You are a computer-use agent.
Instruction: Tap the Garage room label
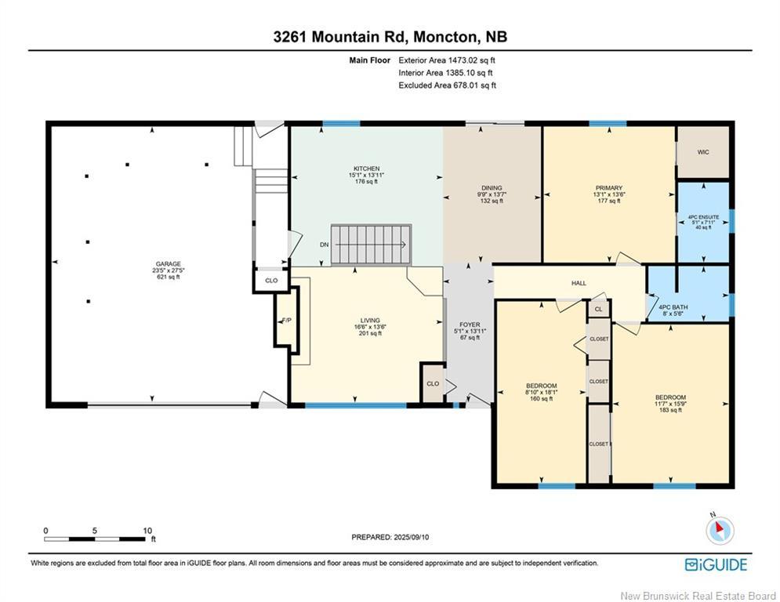point(168,270)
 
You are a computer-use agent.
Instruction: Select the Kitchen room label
point(367,175)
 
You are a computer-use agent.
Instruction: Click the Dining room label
point(492,194)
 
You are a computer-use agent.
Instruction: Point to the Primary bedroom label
point(609,194)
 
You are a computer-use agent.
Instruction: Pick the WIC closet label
point(703,152)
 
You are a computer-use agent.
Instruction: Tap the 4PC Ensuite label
point(703,222)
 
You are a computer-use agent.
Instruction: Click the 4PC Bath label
point(673,310)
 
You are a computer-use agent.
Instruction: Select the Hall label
point(579,283)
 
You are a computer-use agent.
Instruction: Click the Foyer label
point(470,331)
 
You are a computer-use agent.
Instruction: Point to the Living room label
point(370,327)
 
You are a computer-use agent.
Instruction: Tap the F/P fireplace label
point(287,321)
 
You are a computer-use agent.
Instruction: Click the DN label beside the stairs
point(325,245)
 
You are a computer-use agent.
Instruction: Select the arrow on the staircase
point(372,245)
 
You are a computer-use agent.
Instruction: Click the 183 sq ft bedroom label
point(670,404)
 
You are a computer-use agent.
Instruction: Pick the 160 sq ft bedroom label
point(541,392)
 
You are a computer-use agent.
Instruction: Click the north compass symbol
point(720,529)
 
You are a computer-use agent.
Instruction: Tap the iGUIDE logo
point(716,564)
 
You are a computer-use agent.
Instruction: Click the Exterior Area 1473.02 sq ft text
point(447,60)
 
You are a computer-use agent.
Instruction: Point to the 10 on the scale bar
point(147,531)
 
